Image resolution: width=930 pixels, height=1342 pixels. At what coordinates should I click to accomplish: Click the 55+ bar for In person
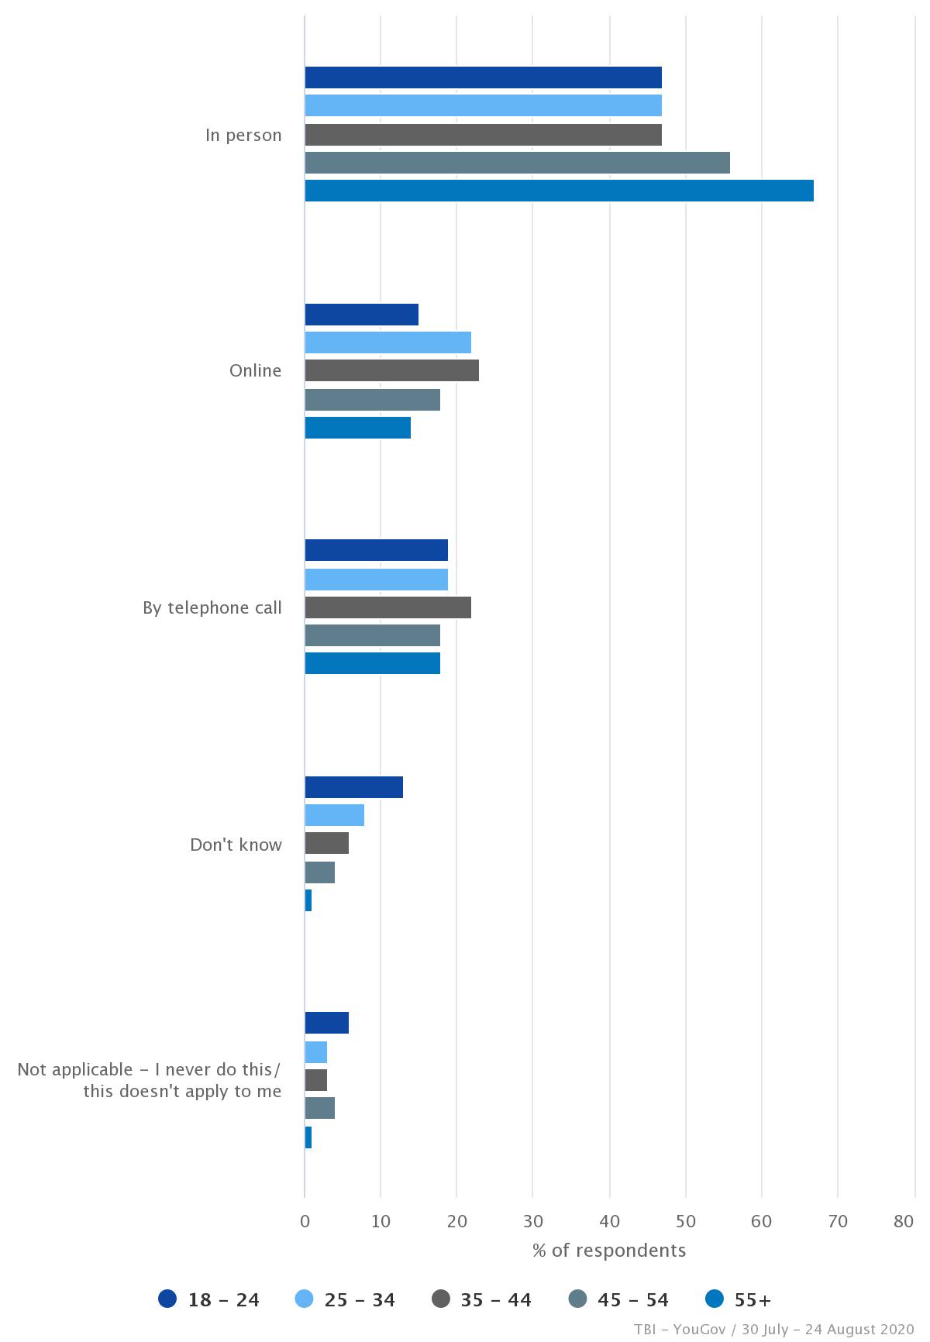click(559, 191)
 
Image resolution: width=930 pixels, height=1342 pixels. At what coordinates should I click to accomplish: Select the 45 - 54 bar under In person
click(517, 163)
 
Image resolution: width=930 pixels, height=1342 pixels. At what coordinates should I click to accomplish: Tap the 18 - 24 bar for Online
click(361, 315)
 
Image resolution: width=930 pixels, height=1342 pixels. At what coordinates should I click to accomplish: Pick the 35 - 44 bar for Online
click(391, 370)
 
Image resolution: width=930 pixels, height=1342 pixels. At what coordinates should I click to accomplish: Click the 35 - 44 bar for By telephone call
click(387, 607)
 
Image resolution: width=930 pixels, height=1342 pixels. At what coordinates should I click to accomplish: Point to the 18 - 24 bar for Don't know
click(353, 787)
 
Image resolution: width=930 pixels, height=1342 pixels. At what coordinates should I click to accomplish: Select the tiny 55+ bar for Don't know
click(308, 900)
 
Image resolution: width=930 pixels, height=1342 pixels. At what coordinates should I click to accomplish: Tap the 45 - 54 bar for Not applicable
click(319, 1108)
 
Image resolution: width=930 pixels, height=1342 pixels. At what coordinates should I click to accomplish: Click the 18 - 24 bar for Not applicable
click(326, 1023)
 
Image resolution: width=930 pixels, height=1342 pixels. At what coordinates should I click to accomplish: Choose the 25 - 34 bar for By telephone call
click(376, 580)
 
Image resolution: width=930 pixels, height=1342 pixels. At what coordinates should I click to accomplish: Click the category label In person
click(243, 135)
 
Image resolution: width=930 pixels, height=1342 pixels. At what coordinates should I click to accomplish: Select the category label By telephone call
click(212, 607)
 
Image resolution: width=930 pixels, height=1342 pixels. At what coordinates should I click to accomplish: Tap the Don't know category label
click(236, 845)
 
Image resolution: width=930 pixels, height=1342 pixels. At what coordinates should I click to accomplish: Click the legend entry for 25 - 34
click(346, 1299)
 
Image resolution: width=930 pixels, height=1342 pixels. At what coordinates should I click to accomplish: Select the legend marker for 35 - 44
click(442, 1299)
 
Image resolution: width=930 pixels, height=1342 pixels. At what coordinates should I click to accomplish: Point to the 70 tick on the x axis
click(838, 1222)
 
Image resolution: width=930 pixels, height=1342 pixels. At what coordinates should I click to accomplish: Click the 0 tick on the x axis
click(305, 1222)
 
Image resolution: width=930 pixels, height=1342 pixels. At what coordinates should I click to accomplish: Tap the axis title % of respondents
click(608, 1251)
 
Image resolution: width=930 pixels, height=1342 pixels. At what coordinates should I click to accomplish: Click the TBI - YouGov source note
click(773, 1330)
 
